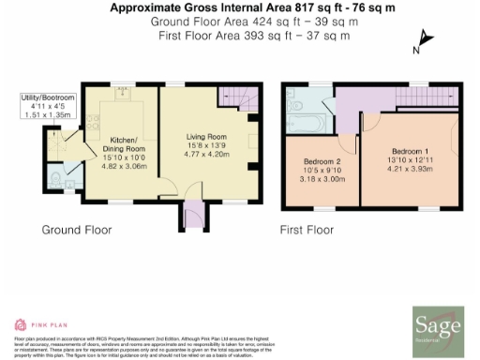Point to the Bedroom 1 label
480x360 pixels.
click(x=411, y=152)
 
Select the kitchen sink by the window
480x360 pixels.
click(x=122, y=92)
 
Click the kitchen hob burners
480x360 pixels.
click(x=95, y=122)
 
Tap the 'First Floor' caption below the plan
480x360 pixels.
click(x=307, y=229)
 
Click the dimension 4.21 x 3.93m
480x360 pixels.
click(x=411, y=170)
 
